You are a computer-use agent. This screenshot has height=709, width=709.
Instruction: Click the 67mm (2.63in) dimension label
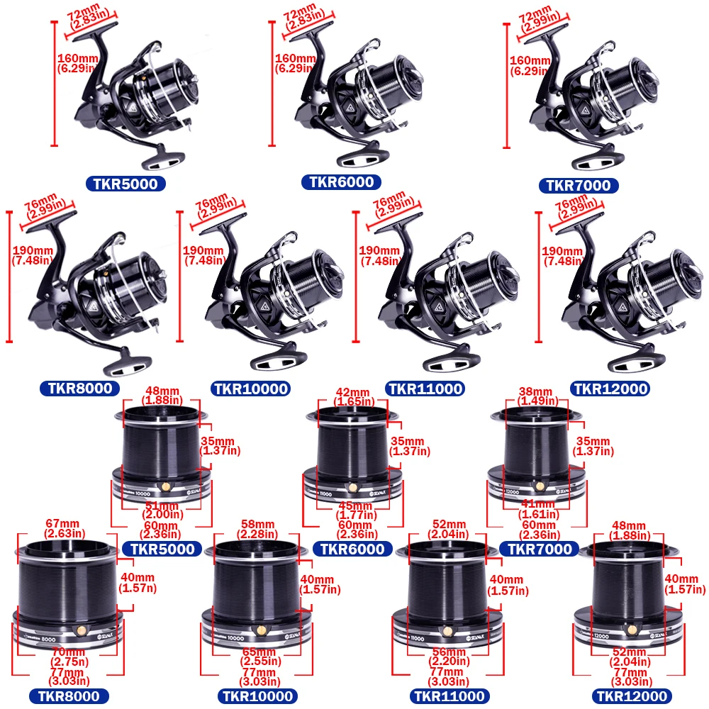65,528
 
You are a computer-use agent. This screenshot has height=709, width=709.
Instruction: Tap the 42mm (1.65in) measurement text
352,397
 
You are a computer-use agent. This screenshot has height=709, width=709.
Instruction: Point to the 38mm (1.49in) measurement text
536,396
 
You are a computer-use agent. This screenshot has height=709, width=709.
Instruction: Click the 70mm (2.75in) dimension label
68,656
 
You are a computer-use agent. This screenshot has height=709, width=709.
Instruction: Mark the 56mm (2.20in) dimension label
445,656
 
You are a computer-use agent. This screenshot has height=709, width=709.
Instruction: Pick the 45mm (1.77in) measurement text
354,510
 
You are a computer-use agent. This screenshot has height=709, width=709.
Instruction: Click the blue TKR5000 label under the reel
127,184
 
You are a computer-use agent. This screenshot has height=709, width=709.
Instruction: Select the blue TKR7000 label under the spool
535,549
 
